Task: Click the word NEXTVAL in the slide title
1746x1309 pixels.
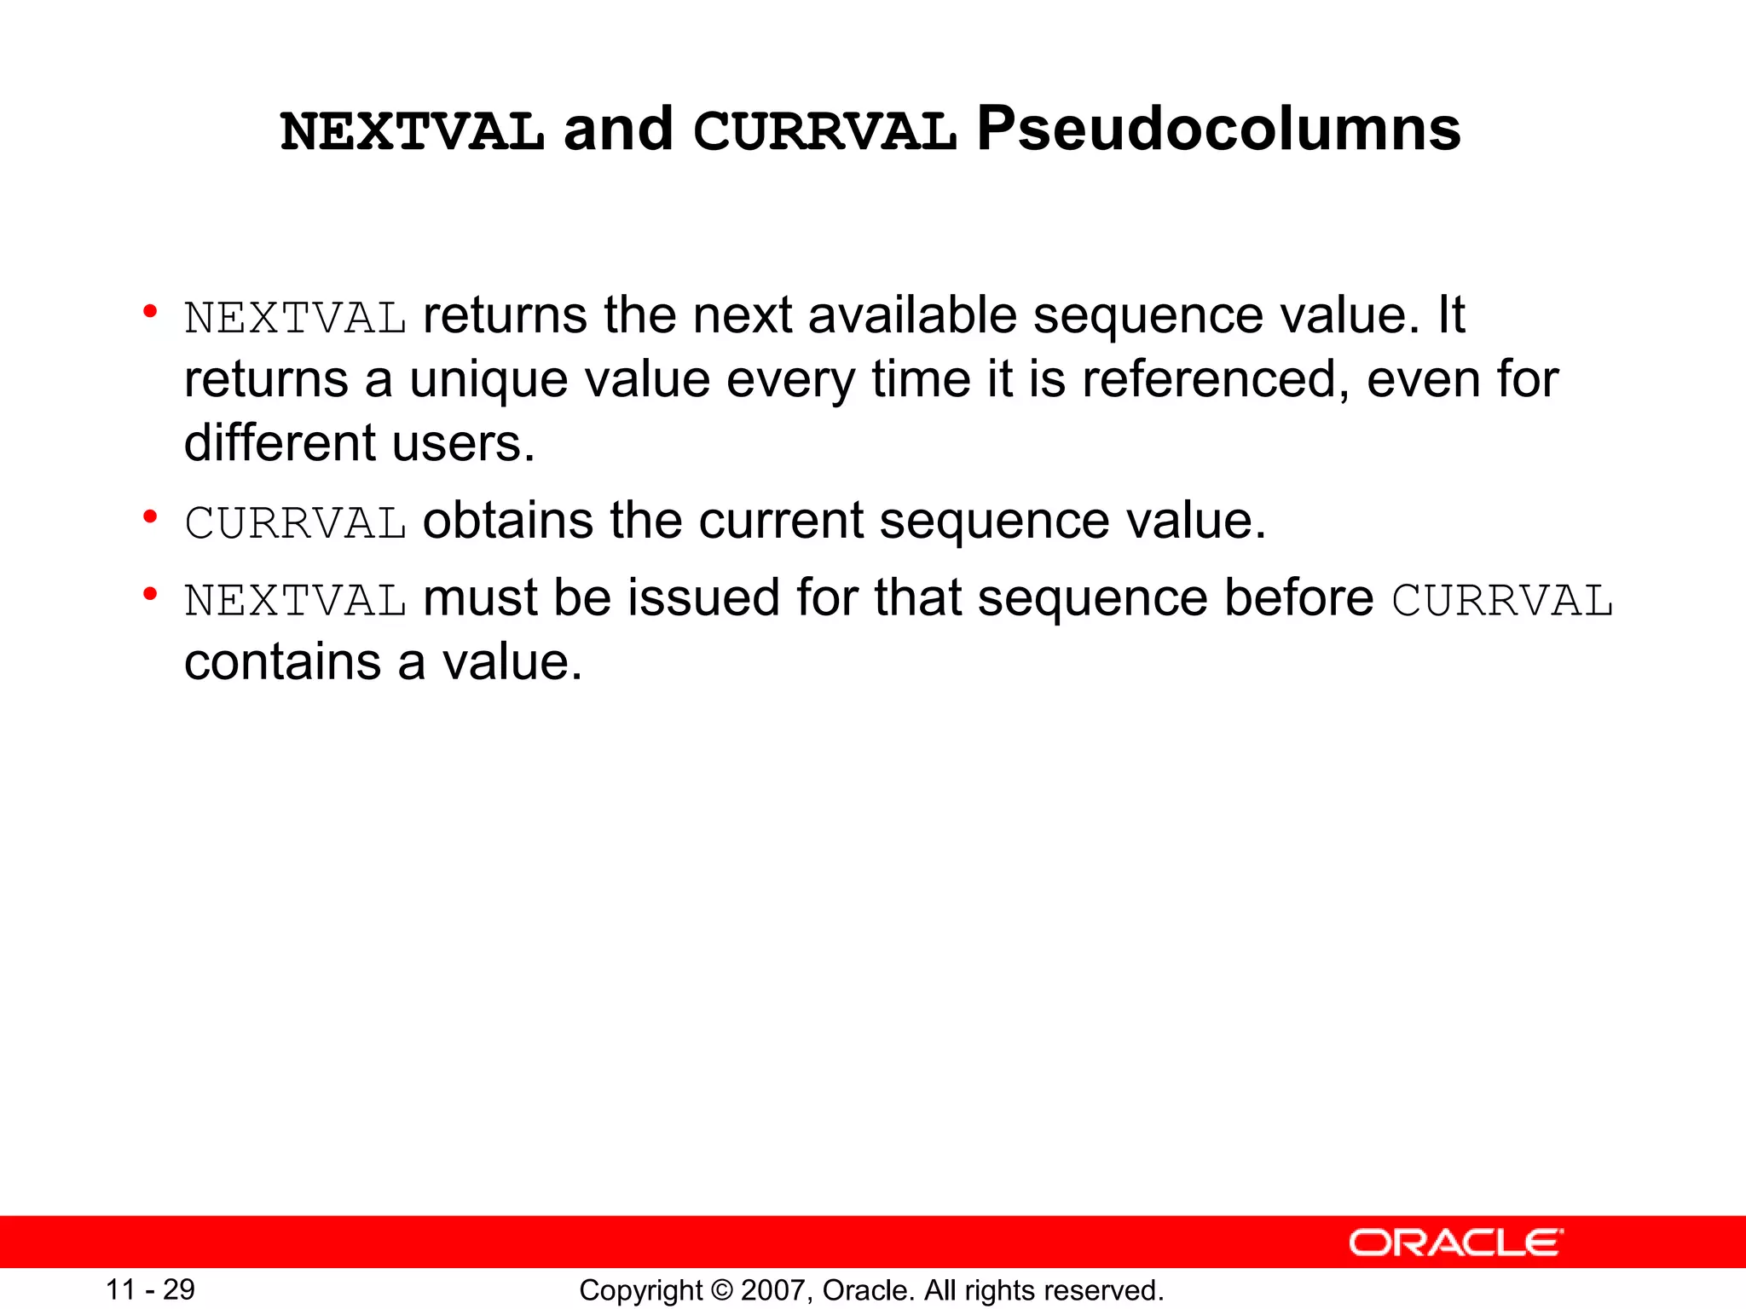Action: click(x=412, y=132)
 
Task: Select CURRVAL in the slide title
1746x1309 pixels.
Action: click(x=824, y=132)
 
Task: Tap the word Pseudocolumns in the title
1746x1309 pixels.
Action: click(x=1218, y=130)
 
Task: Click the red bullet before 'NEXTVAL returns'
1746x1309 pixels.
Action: click(x=151, y=312)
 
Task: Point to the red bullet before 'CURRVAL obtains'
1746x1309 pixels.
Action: click(x=151, y=517)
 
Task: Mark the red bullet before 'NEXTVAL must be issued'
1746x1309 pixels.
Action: click(x=151, y=594)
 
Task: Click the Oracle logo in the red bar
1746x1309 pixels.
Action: click(x=1455, y=1243)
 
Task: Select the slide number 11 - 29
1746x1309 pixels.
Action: click(x=150, y=1289)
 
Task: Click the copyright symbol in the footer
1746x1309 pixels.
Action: click(x=722, y=1290)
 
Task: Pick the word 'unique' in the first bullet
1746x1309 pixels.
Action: click(x=489, y=379)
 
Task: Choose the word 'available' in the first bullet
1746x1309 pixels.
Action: click(x=912, y=315)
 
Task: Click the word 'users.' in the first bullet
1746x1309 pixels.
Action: click(x=464, y=443)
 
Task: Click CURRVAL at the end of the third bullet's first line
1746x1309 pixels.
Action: click(x=1502, y=600)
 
